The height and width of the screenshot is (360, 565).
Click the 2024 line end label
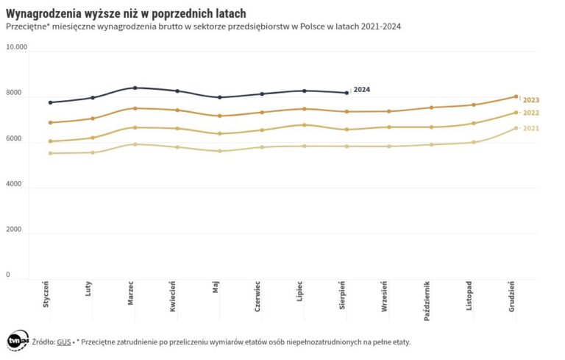[x=361, y=90]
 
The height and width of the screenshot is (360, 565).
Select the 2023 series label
[x=531, y=100]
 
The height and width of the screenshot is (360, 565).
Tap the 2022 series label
[x=531, y=113]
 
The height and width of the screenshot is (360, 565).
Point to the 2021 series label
[x=531, y=129]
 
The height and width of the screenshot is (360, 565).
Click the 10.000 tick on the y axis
[x=16, y=47]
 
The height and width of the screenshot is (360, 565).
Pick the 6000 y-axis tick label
[x=14, y=139]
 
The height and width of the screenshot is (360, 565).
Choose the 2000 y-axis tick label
[x=14, y=230]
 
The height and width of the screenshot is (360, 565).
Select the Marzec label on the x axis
[x=131, y=294]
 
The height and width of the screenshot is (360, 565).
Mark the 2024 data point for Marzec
[x=135, y=88]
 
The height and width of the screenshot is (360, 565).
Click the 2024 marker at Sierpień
[x=347, y=93]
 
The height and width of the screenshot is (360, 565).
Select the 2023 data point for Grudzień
[x=516, y=96]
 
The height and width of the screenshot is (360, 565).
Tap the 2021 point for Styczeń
[x=50, y=153]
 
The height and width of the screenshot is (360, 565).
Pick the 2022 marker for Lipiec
[x=304, y=124]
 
